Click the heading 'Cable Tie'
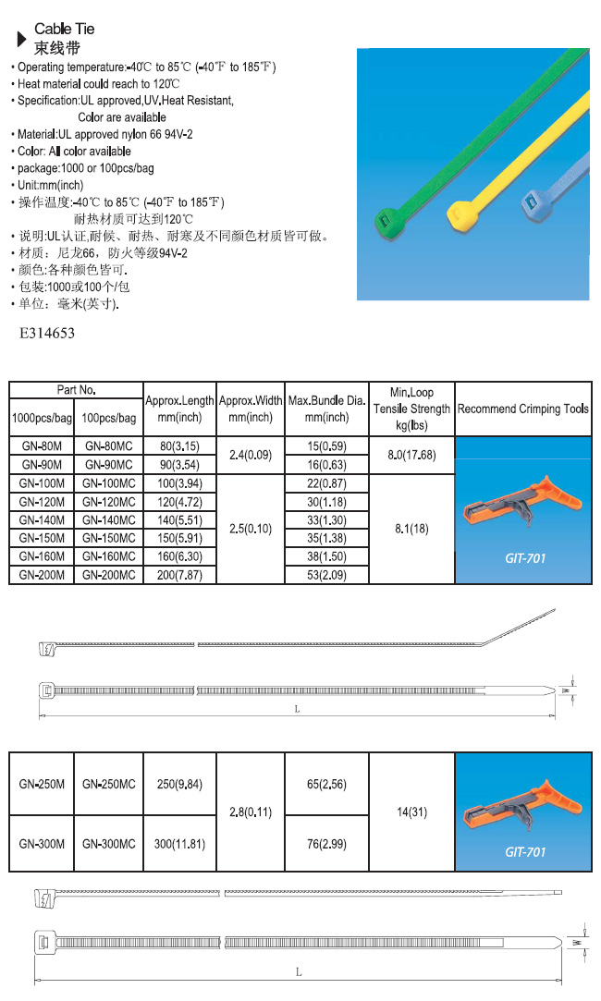[64, 30]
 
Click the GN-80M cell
[42, 446]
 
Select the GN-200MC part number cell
[109, 575]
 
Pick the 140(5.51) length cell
[179, 519]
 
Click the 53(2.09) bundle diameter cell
[326, 575]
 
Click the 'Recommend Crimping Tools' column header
[523, 409]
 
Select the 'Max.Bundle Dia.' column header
[326, 409]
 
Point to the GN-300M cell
[42, 844]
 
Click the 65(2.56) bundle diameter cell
[326, 784]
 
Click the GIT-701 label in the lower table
[525, 851]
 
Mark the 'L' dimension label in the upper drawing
[297, 709]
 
